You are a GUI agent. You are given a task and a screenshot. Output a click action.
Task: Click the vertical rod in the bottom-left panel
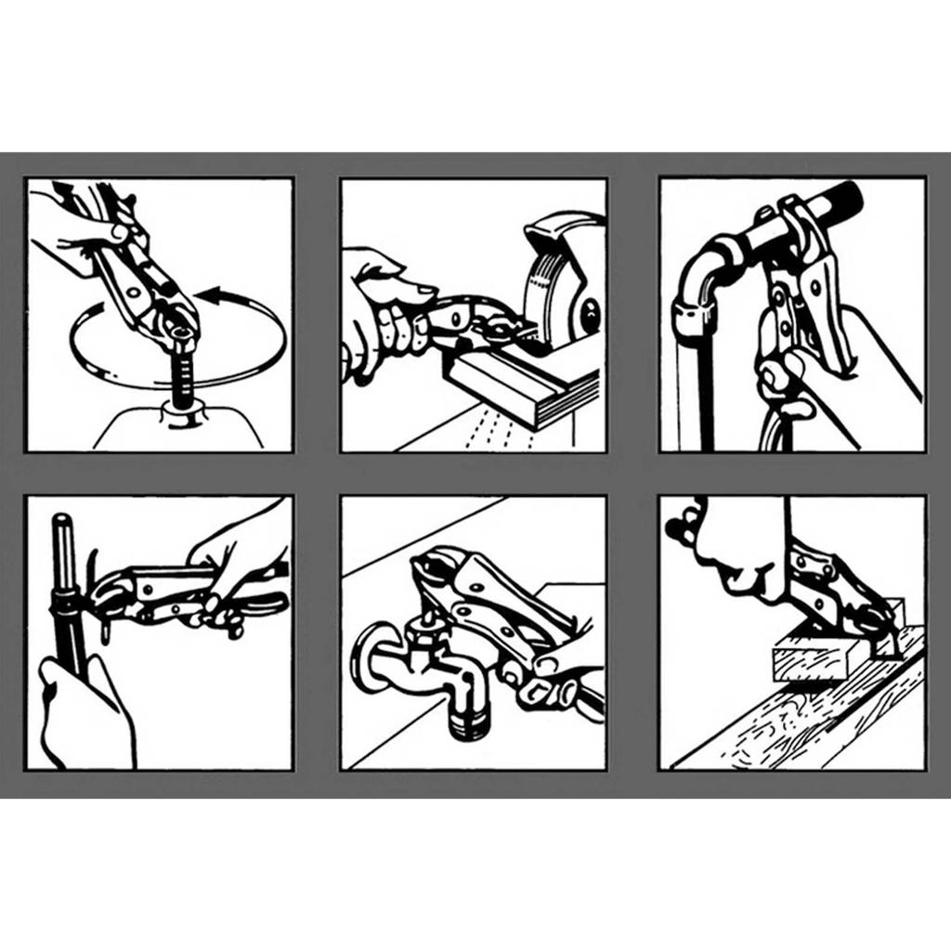pyautogui.click(x=65, y=576)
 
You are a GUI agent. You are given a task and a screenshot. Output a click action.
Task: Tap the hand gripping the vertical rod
pyautogui.click(x=84, y=710)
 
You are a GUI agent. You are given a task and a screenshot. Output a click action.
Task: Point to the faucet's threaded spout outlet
pyautogui.click(x=469, y=721)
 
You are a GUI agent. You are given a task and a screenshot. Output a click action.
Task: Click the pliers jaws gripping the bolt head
pyautogui.click(x=176, y=325)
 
